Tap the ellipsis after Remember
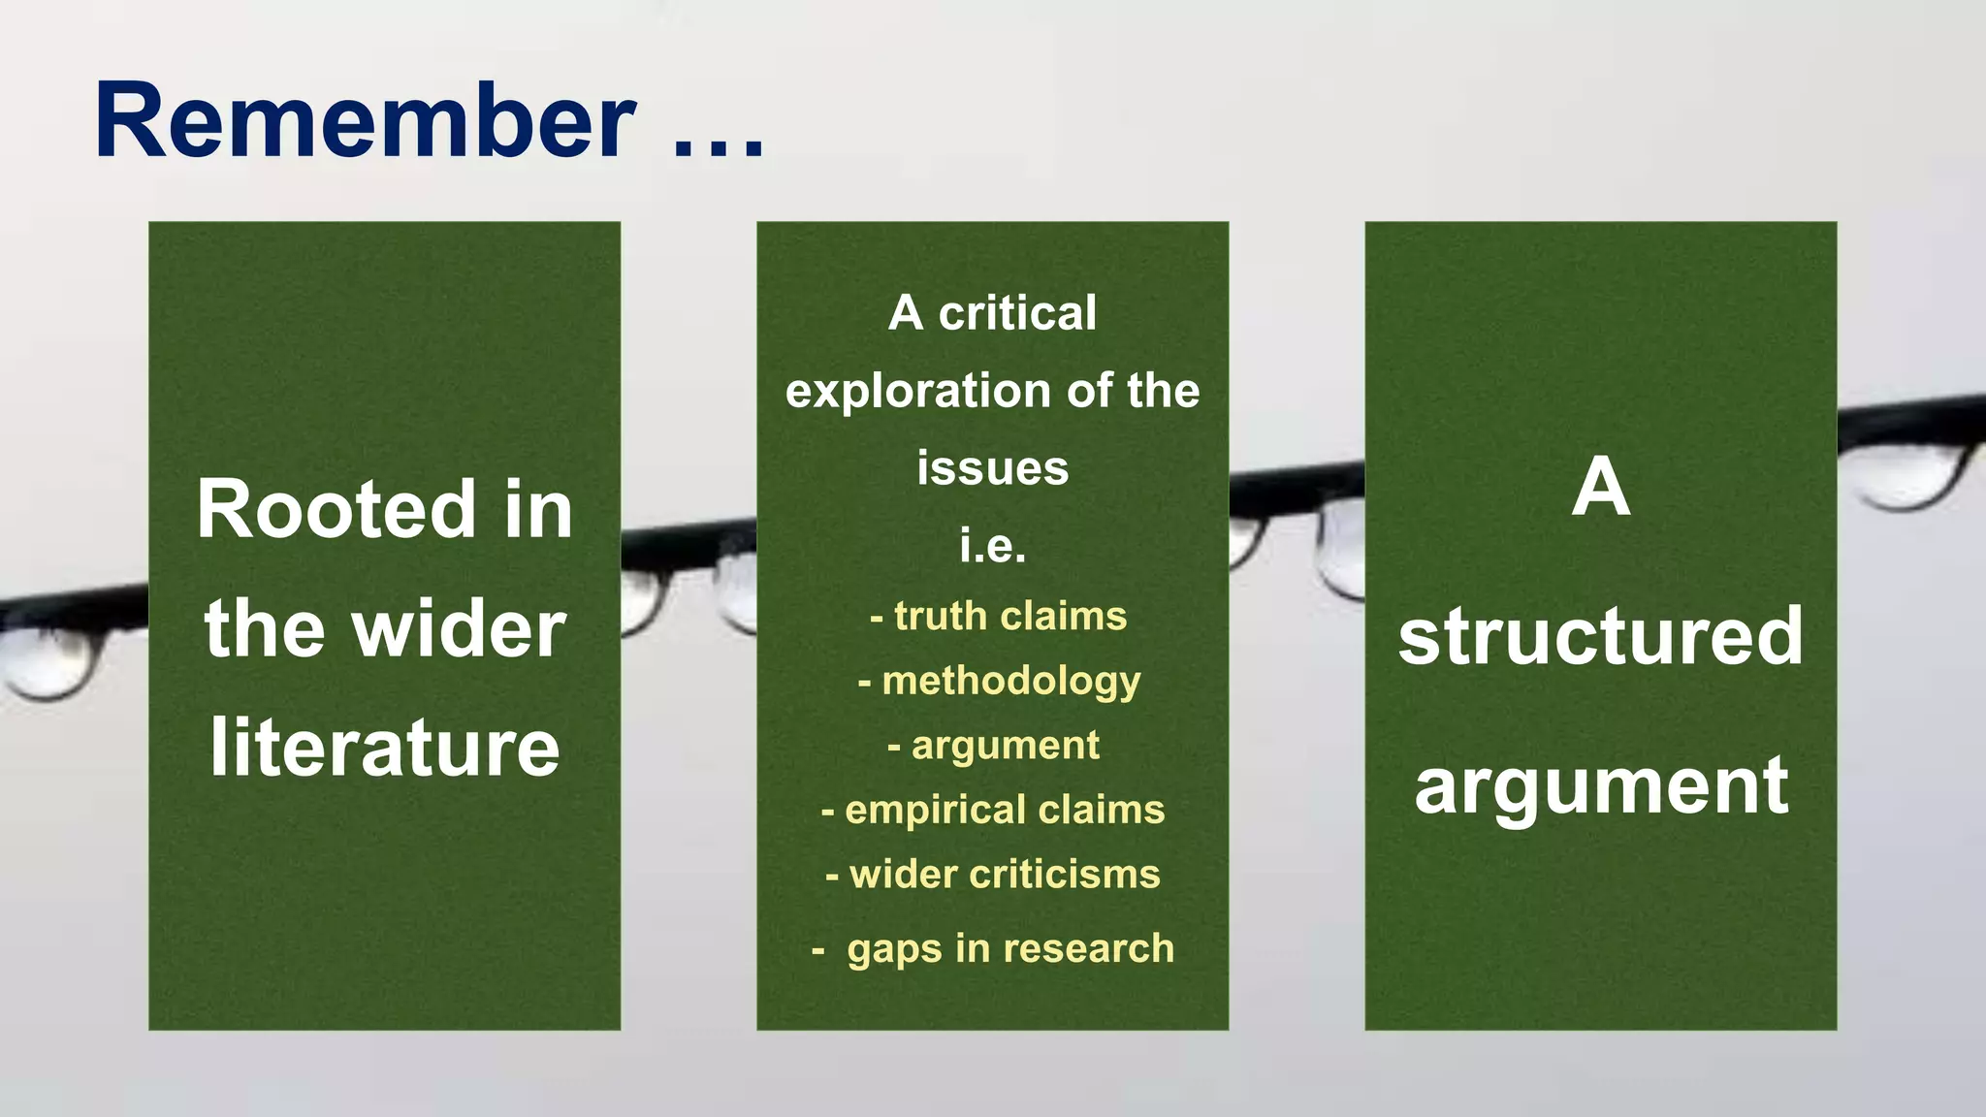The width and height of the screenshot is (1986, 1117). [x=719, y=145]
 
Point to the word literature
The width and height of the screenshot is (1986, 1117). [x=384, y=748]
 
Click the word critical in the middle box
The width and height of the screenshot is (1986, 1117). [x=1017, y=313]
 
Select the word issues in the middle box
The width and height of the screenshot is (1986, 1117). [x=992, y=468]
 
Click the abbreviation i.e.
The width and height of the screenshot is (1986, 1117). [x=992, y=545]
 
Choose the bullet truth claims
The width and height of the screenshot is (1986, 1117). [x=999, y=617]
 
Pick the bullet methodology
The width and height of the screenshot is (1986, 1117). [x=999, y=681]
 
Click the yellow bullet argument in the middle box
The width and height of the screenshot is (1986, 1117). [x=994, y=746]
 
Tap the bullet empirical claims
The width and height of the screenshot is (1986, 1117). [x=993, y=810]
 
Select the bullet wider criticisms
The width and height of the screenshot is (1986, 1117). [x=993, y=875]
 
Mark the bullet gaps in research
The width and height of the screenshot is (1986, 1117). [x=993, y=948]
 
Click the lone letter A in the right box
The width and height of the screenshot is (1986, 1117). [x=1600, y=488]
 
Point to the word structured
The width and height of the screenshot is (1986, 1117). [x=1600, y=636]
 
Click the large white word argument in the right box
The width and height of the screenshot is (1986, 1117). [x=1600, y=786]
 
